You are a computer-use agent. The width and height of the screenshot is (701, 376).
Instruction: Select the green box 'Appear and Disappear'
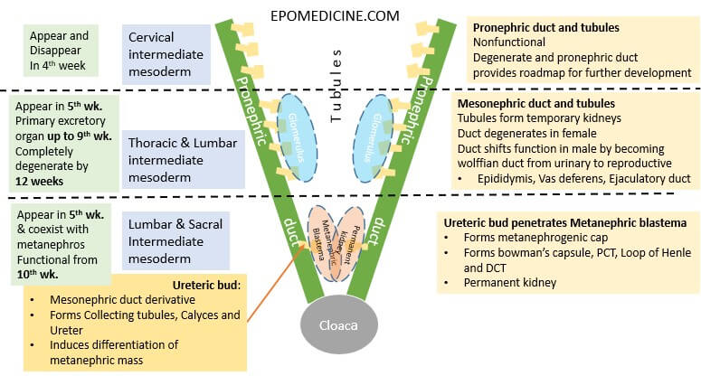pos(60,40)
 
